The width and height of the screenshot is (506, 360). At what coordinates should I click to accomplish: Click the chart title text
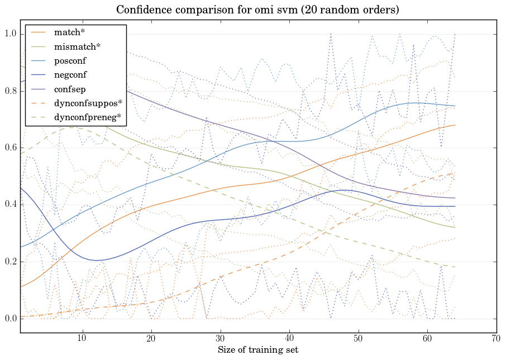pyautogui.click(x=257, y=10)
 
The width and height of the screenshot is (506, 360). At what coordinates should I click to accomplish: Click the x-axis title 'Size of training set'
pyautogui.click(x=257, y=350)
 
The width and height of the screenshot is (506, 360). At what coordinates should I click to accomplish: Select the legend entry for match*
pyautogui.click(x=69, y=32)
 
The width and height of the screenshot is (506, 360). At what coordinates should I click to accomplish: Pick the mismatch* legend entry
pyautogui.click(x=77, y=46)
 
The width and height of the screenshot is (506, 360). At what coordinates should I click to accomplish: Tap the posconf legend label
pyautogui.click(x=70, y=60)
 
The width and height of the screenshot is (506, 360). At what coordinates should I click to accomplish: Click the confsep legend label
pyautogui.click(x=69, y=88)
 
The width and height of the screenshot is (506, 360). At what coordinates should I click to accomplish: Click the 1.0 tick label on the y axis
pyautogui.click(x=11, y=35)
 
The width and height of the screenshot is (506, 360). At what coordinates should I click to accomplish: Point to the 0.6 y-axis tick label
pyautogui.click(x=11, y=148)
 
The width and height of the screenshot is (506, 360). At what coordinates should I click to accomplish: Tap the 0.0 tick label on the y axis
pyautogui.click(x=11, y=319)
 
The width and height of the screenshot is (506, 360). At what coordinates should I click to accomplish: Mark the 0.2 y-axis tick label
pyautogui.click(x=11, y=262)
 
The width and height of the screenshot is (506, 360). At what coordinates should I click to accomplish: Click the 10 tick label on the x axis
pyautogui.click(x=82, y=338)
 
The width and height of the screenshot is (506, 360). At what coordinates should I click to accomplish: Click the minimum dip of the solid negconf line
pyautogui.click(x=96, y=260)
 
